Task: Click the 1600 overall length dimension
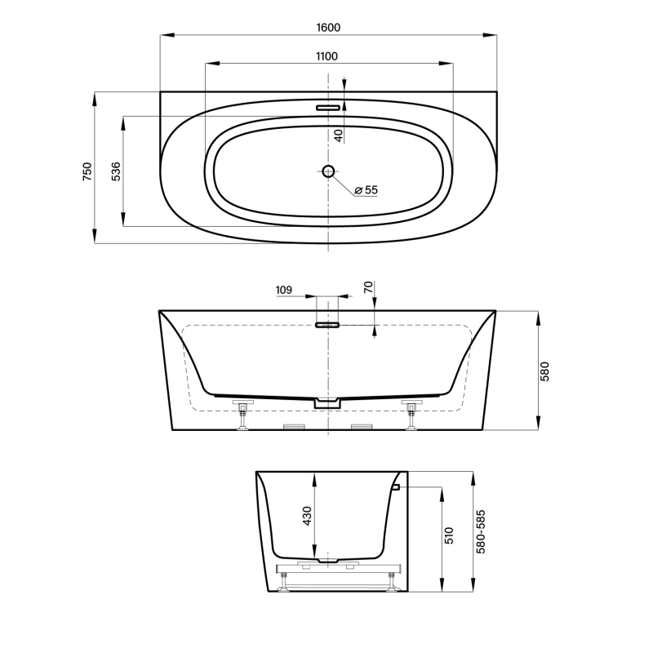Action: coord(328,27)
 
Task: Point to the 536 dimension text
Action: coord(116,171)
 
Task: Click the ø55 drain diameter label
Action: coord(366,189)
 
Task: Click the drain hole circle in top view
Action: coord(328,171)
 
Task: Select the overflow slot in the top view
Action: coord(328,106)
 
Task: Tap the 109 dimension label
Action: coord(284,289)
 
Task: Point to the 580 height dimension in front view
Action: coord(546,371)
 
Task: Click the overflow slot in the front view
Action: coord(327,325)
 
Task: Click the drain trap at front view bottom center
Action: coord(327,402)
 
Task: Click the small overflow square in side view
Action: coord(394,487)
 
